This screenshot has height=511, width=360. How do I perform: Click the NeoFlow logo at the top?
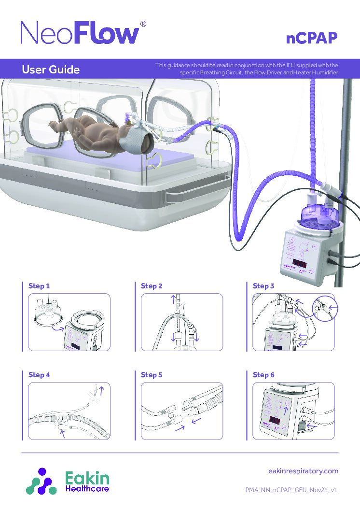point(80,33)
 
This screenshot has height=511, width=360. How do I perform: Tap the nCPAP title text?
point(311,39)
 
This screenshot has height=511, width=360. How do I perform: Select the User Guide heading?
point(51,70)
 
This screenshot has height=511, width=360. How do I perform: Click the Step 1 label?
point(39,286)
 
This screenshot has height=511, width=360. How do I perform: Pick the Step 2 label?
point(152,286)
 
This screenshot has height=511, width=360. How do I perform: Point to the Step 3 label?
point(263,286)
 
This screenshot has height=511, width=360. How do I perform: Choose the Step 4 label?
point(39,375)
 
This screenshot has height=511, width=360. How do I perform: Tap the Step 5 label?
point(152,375)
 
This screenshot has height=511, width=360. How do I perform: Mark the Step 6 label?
point(263,375)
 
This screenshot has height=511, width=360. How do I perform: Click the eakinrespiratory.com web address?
point(303,471)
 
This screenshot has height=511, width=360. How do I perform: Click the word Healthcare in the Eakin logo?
point(87,489)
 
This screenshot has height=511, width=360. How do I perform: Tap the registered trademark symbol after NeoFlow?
point(143,24)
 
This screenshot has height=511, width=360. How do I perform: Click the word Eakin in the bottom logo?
point(87,478)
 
